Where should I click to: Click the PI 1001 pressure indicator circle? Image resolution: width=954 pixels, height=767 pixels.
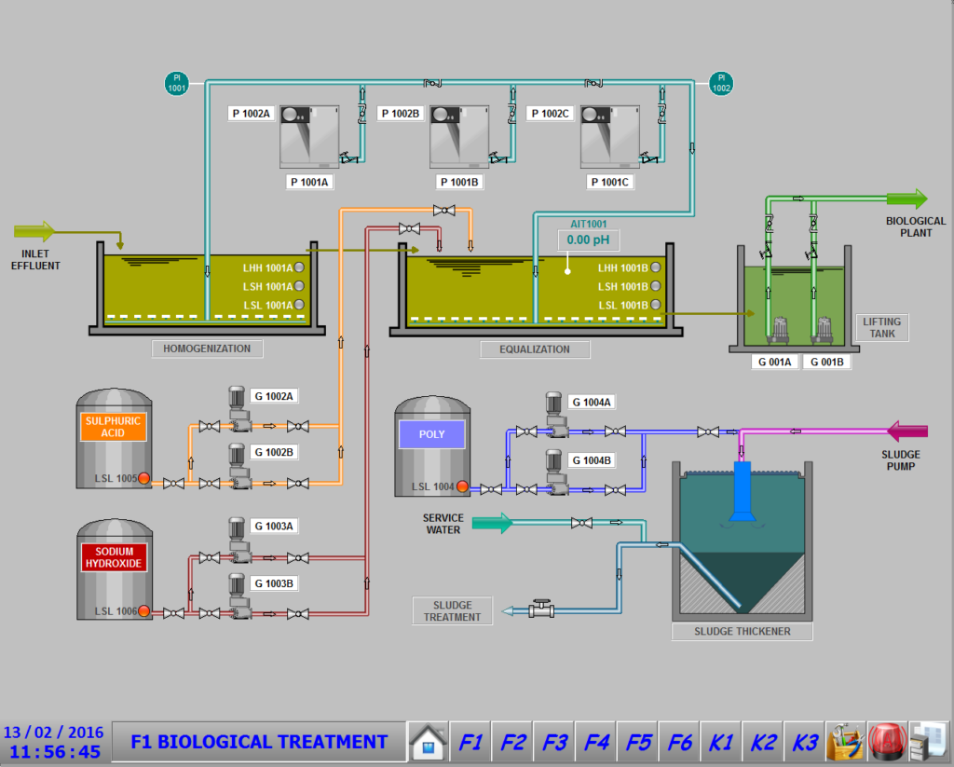point(176,83)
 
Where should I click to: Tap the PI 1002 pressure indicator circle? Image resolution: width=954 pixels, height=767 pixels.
point(721,83)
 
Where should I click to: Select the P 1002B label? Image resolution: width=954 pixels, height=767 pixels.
point(401,113)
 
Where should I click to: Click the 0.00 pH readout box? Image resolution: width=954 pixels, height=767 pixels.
point(589,240)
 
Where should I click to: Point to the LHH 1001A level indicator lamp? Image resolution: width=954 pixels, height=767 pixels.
point(299,267)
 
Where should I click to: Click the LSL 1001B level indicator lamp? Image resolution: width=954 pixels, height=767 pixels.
point(656,305)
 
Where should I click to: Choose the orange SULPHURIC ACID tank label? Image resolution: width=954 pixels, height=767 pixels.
point(113,427)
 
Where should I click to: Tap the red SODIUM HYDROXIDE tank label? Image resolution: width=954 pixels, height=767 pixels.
point(114,557)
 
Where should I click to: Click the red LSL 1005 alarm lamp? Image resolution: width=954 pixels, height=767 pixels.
point(144,478)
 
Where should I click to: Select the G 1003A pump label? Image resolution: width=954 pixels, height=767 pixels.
point(274,526)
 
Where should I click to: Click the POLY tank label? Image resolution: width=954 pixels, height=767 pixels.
point(432,434)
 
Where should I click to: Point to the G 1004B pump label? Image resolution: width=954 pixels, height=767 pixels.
point(592,460)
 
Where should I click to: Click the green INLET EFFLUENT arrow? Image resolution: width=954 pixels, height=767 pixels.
point(34,231)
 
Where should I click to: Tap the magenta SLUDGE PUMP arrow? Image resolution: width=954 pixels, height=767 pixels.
point(907,431)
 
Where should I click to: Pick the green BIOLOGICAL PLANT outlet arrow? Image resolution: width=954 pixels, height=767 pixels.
point(906,199)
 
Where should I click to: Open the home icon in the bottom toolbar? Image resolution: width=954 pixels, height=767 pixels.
point(429,742)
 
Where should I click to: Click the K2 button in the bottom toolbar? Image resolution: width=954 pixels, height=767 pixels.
point(763,742)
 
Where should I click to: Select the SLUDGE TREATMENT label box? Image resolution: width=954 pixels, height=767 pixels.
point(453,611)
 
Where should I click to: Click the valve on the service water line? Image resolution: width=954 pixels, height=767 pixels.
point(581,523)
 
